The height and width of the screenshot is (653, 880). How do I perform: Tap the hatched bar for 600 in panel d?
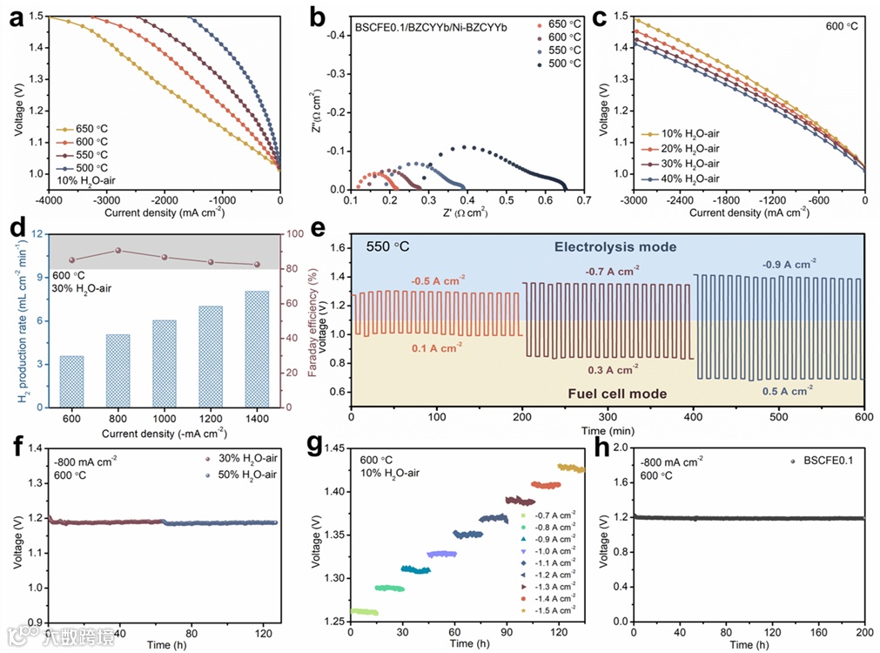[x=72, y=381]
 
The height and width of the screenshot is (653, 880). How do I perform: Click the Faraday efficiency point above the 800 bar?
[x=118, y=251]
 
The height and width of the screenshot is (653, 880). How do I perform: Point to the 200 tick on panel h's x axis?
[x=863, y=632]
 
